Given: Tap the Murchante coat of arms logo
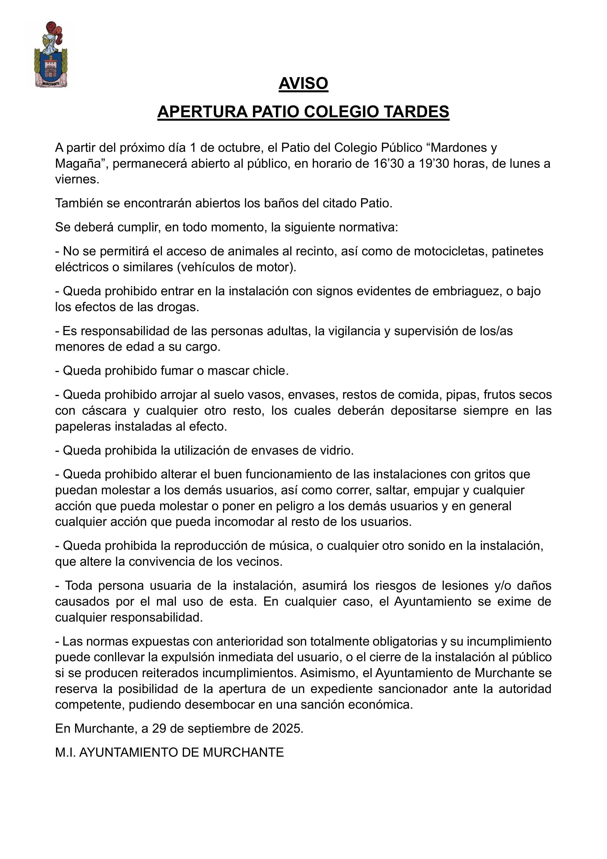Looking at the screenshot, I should [x=51, y=55].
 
